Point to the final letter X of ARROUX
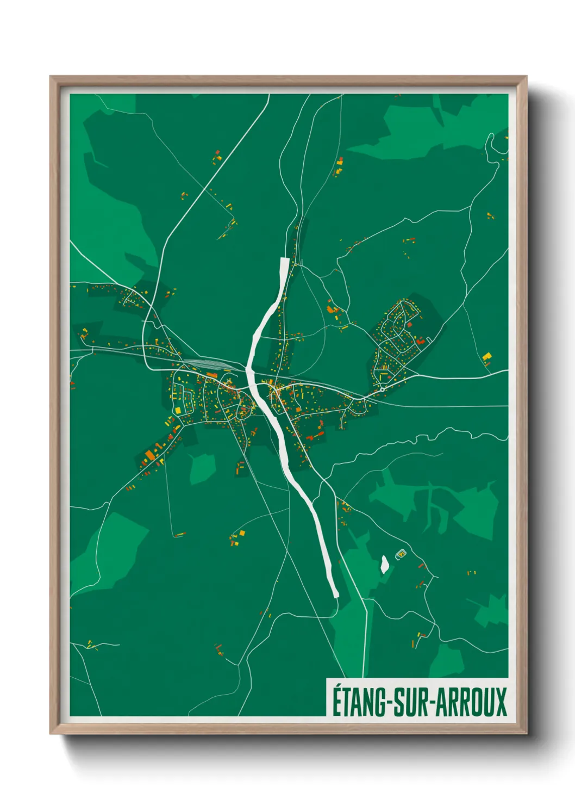tap(501, 702)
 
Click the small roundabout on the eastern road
tap(382, 389)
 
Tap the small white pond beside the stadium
tap(384, 563)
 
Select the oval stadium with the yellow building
tap(401, 554)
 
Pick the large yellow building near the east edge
tap(487, 356)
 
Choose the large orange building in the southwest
tap(149, 455)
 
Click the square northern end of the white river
tap(284, 261)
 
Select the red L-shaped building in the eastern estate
tap(420, 341)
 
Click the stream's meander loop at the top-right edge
tap(492, 143)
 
